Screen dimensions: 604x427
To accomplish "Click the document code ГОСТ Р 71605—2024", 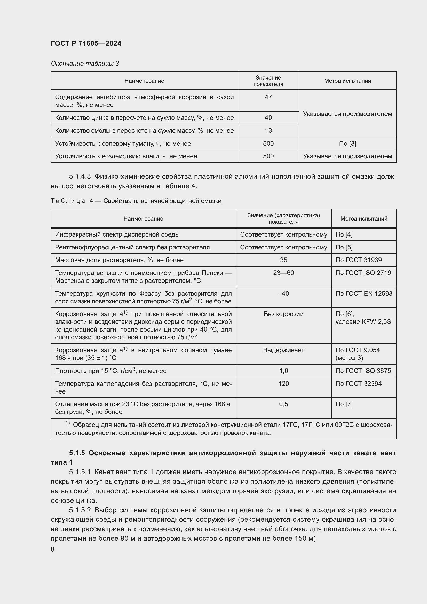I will coord(86,43).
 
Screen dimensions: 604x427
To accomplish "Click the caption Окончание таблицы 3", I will coord(85,64).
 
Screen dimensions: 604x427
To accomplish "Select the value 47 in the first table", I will coord(268,97).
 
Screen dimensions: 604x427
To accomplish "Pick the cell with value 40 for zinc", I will coord(268,117).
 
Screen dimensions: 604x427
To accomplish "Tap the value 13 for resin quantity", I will coord(268,130).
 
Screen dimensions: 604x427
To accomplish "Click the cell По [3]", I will coord(347,143).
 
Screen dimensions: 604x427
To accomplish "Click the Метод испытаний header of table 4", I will coord(364,218).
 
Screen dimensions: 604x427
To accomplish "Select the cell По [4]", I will coord(344,234).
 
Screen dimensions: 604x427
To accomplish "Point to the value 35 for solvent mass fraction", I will coord(283,260).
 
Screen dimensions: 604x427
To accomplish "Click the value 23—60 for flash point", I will coord(283,273).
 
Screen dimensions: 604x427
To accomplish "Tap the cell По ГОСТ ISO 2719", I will coord(363,273).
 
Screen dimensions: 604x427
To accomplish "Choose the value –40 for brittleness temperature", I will coord(283,293).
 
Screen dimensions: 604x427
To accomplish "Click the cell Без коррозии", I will coord(283,314).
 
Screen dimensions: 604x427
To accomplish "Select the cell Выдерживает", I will coord(283,350).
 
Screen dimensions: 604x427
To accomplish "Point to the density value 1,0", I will coord(283,371).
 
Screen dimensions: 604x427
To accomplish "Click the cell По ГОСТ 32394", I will coord(358,383).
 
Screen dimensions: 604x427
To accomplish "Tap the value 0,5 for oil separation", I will coord(283,404).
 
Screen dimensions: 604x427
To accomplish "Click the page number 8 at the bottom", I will coord(53,549).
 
